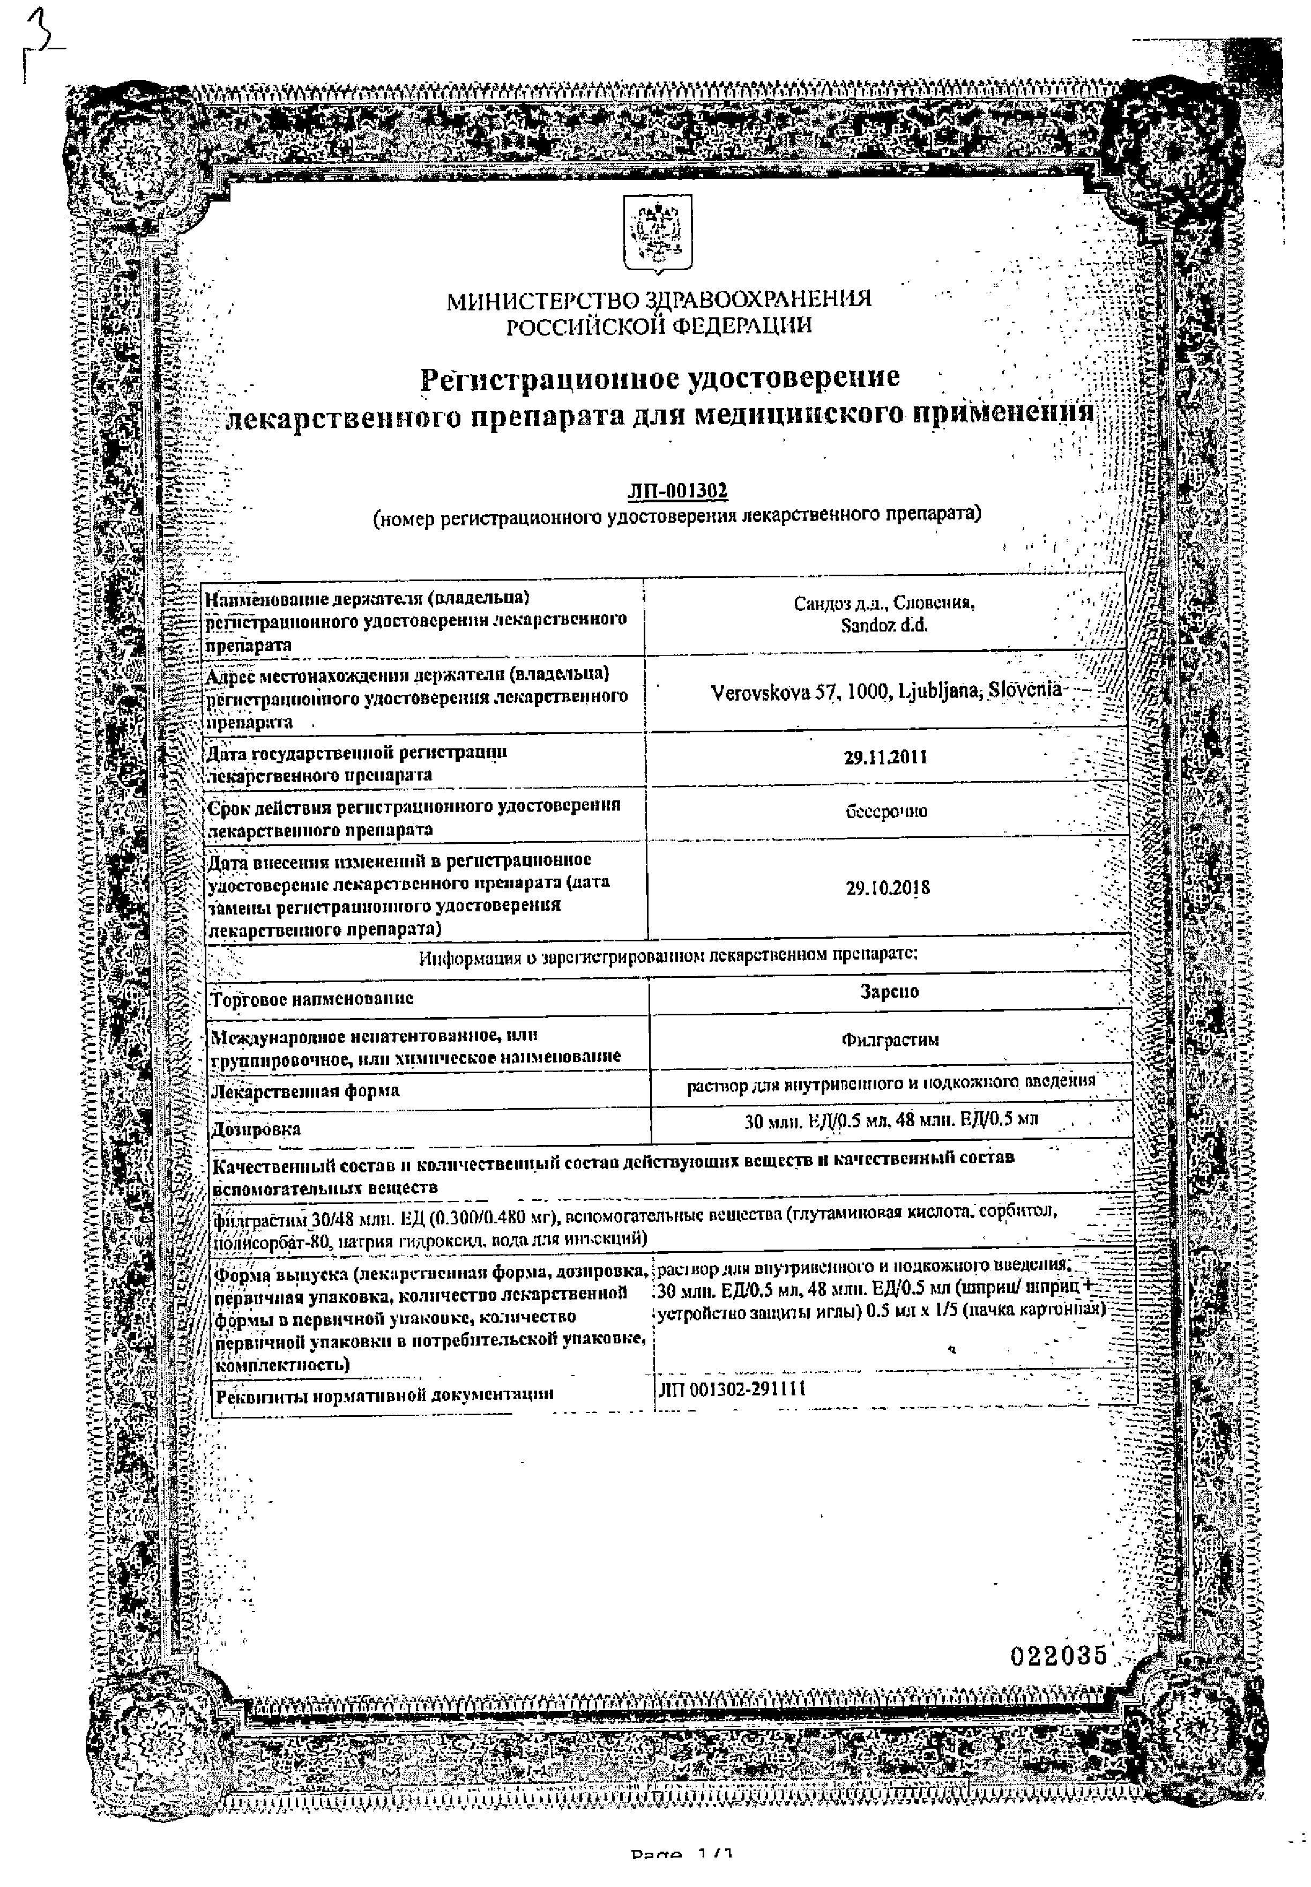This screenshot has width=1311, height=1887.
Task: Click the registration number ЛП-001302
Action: (x=677, y=491)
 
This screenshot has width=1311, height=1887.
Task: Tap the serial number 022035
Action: (x=1059, y=1655)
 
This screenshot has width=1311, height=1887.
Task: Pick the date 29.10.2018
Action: (x=887, y=888)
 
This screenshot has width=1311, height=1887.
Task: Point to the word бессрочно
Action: (x=887, y=812)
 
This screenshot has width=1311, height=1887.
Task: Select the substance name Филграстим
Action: (x=890, y=1040)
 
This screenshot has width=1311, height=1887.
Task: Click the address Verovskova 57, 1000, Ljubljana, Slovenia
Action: (x=885, y=691)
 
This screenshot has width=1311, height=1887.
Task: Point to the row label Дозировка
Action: (x=256, y=1130)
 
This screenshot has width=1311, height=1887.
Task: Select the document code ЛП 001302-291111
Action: (x=731, y=1389)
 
